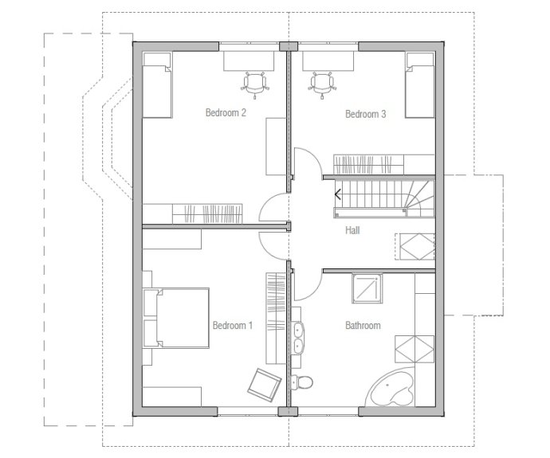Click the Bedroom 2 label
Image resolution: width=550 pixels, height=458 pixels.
click(226, 112)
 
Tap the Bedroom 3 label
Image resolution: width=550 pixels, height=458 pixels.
click(366, 114)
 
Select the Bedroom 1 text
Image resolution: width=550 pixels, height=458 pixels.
click(233, 326)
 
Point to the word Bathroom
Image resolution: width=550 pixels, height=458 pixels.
click(363, 326)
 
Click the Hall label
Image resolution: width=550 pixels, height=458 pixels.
click(352, 230)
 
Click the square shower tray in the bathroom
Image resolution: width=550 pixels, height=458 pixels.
click(367, 288)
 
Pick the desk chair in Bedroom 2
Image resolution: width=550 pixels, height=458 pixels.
click(255, 84)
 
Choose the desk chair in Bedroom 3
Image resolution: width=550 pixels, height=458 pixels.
click(322, 84)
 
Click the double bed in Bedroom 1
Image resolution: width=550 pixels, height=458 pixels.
click(176, 318)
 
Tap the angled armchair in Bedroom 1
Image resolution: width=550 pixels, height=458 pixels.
click(265, 385)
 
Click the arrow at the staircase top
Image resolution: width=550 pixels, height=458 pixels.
click(338, 194)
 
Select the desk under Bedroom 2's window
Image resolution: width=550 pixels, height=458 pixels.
click(249, 61)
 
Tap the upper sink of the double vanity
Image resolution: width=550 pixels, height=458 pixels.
click(298, 330)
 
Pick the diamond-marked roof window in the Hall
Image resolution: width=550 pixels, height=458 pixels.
click(415, 246)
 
